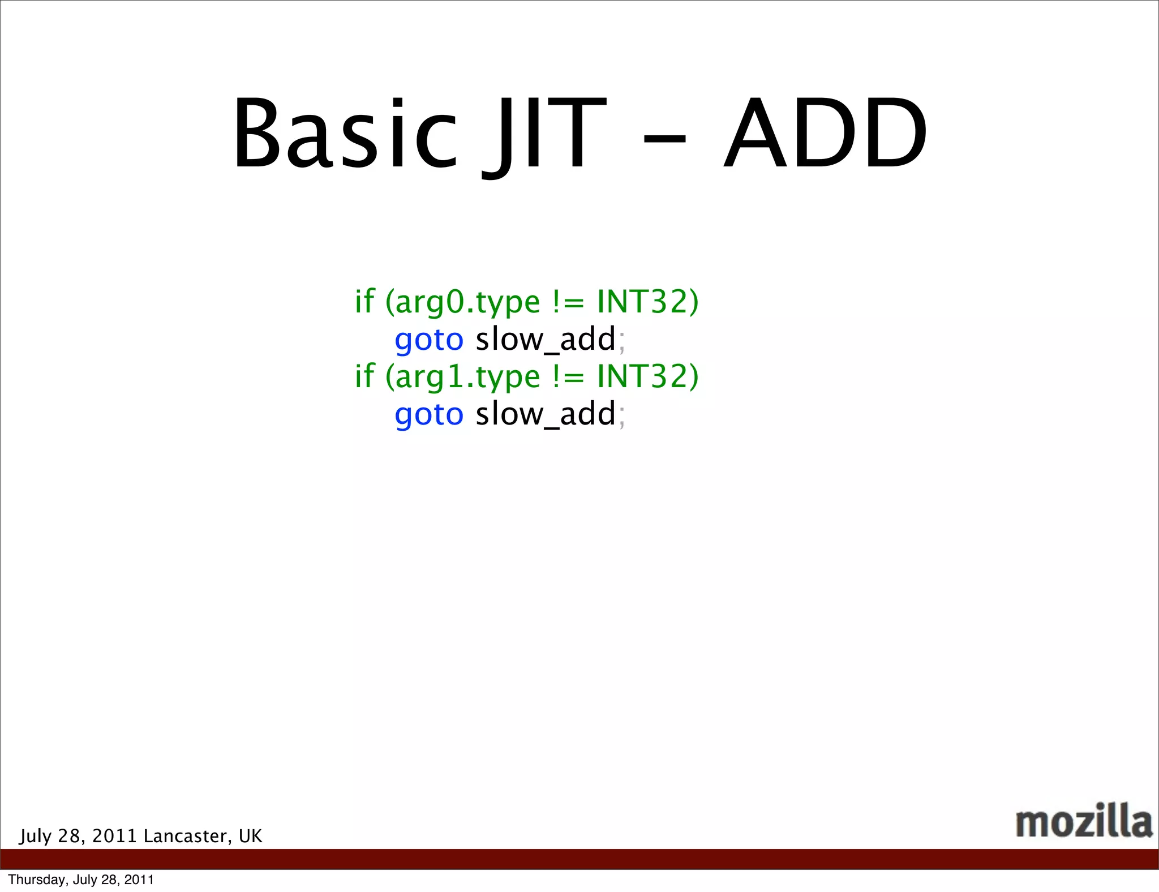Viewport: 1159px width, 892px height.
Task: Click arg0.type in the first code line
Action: [x=467, y=302]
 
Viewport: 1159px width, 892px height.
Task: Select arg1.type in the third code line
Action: [x=467, y=377]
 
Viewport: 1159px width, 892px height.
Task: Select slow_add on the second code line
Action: [x=546, y=340]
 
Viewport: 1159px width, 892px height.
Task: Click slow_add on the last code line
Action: [x=546, y=414]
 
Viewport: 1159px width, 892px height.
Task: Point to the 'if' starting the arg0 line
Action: [x=364, y=301]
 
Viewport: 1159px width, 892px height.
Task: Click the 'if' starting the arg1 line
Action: [x=364, y=376]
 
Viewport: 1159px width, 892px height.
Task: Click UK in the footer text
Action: [x=250, y=836]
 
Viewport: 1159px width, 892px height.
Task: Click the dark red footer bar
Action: [x=579, y=859]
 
